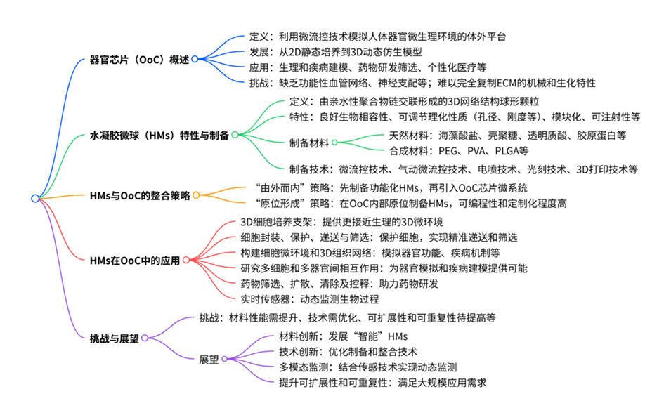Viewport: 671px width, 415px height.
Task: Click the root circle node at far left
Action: [x=34, y=198]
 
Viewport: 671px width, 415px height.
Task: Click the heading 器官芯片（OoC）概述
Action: [x=140, y=59]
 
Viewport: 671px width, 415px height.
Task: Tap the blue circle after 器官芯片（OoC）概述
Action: [x=195, y=59]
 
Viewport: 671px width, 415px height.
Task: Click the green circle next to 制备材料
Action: [x=335, y=143]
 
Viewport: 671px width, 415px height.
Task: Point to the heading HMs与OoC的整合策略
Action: [x=140, y=195]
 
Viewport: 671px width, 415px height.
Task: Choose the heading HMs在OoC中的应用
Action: [x=135, y=260]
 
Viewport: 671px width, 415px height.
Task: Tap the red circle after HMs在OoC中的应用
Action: [x=185, y=260]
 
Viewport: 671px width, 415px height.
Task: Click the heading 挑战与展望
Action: [x=114, y=338]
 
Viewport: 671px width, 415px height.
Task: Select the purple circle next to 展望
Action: [x=224, y=359]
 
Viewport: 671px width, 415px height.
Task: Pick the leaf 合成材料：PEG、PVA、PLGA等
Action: [x=459, y=150]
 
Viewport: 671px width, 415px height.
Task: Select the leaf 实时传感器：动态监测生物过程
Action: [x=310, y=298]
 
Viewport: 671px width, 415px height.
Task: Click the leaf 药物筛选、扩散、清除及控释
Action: [x=339, y=283]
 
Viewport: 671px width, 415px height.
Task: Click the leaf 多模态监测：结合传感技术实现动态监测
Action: [x=368, y=367]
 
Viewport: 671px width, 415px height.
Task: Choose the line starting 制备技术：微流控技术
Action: [x=464, y=169]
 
